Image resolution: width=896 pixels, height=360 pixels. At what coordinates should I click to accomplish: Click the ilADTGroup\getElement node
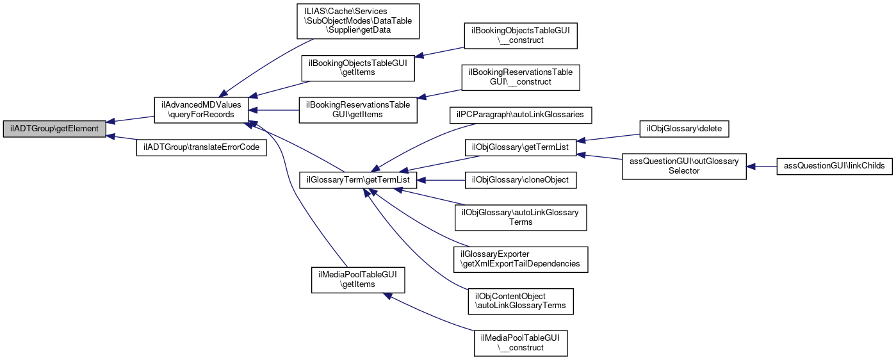point(54,129)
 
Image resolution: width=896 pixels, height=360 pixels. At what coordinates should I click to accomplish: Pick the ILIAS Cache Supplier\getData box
point(357,21)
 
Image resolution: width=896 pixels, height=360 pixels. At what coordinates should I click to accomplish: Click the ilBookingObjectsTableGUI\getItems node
point(359,68)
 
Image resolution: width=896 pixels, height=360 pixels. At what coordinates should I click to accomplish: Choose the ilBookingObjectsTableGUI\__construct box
point(521,36)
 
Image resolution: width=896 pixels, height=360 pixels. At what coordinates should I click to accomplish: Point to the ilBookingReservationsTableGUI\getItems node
point(358,109)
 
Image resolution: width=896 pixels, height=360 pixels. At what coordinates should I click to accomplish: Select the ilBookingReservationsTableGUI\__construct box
point(520,77)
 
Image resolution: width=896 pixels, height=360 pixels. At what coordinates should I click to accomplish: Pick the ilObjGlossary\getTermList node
point(520,147)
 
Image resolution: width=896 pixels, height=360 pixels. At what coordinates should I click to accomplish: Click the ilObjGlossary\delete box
point(684,128)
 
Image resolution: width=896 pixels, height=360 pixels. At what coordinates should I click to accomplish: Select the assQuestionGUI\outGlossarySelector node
point(684,166)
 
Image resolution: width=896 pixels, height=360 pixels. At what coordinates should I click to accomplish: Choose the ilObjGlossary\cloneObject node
point(520,180)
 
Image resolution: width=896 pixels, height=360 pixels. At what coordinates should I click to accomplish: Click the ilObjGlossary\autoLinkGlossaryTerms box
point(520,217)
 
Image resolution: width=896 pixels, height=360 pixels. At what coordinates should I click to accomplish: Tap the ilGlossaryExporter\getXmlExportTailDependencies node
point(520,259)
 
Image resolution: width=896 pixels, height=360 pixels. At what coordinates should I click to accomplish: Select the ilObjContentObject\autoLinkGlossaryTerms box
point(520,301)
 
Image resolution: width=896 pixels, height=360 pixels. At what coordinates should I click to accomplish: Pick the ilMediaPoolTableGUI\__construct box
point(520,343)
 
